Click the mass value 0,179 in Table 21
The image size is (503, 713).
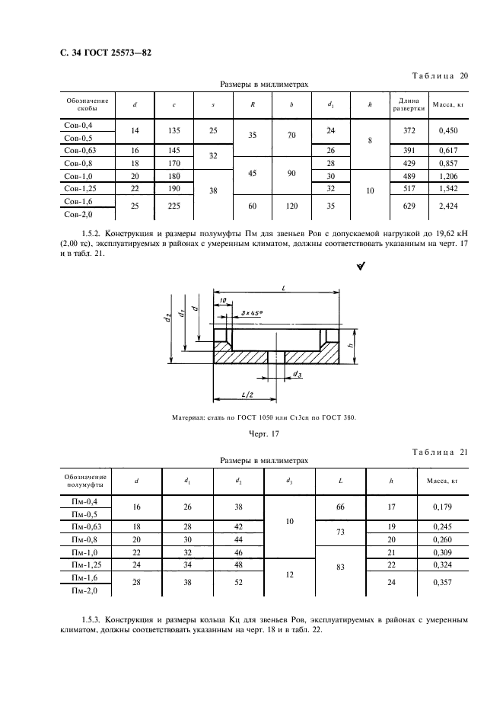coord(443,506)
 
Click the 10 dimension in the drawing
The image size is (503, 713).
coord(221,299)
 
